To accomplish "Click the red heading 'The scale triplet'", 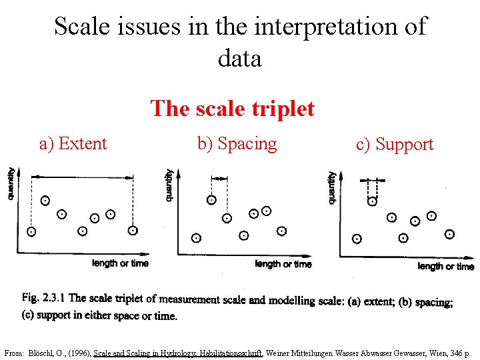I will click(x=232, y=108).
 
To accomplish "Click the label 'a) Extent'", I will click(x=73, y=143).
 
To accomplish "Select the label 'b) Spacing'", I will click(x=237, y=143).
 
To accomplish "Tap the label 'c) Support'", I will click(x=395, y=144).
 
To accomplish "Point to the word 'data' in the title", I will click(x=239, y=58).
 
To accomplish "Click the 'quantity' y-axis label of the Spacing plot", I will click(x=169, y=185).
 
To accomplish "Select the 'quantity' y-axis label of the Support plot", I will click(x=331, y=187).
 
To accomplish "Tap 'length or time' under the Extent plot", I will click(x=120, y=263).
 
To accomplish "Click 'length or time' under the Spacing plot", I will click(x=283, y=264).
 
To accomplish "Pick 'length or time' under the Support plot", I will click(x=446, y=266).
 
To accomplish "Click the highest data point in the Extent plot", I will click(x=45, y=200).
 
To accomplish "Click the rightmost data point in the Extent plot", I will click(x=133, y=231).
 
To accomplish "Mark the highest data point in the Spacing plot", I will click(x=211, y=199).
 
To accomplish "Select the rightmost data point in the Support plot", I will click(x=450, y=234).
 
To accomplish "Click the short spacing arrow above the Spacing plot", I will click(x=219, y=178).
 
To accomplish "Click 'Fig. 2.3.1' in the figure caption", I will click(x=43, y=298).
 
